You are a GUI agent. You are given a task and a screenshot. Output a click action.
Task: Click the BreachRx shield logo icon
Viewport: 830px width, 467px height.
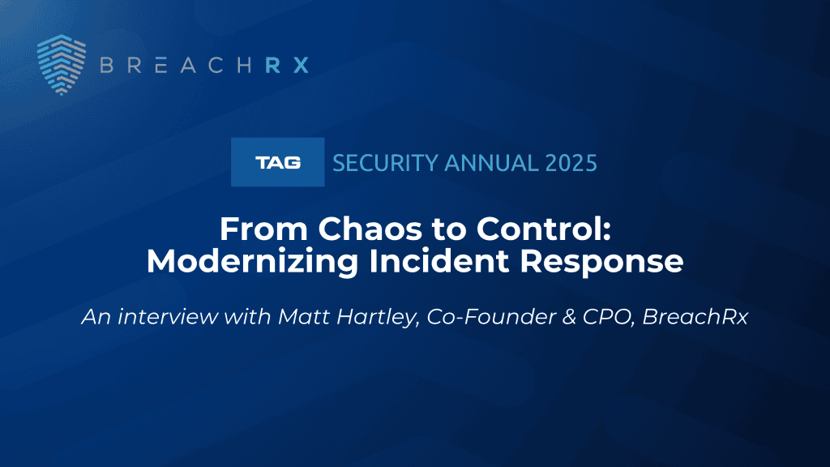click(x=62, y=65)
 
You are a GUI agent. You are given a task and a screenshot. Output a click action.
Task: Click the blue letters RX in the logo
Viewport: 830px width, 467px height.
click(x=286, y=65)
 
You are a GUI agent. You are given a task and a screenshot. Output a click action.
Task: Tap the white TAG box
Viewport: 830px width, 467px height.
click(x=277, y=162)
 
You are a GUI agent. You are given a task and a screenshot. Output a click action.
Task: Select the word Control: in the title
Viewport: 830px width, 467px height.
click(x=544, y=229)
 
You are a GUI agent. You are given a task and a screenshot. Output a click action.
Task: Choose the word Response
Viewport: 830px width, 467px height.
click(x=601, y=262)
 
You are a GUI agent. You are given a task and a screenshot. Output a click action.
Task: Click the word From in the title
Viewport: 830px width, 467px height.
click(x=263, y=229)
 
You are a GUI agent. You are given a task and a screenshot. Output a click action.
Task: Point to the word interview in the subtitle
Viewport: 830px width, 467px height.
click(x=167, y=317)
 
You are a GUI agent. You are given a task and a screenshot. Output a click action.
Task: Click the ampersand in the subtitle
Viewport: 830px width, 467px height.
click(x=569, y=317)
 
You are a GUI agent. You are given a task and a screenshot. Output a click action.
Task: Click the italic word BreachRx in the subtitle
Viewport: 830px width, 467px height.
click(x=695, y=317)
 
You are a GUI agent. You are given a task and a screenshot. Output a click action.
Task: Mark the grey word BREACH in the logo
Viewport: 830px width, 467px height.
click(x=175, y=65)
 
